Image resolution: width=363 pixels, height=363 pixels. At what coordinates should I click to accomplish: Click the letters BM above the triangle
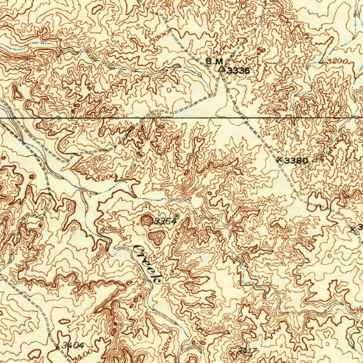214,62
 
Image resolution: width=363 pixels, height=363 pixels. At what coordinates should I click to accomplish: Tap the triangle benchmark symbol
221,69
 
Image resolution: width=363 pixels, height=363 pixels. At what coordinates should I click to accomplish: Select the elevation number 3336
238,71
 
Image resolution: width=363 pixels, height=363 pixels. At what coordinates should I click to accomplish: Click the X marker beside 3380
280,160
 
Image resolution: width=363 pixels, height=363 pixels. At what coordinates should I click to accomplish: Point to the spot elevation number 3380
297,161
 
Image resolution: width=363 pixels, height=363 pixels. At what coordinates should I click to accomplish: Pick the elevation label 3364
165,222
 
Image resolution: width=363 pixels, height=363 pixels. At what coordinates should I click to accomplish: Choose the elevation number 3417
247,351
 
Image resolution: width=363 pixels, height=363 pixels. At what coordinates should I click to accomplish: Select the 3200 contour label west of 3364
105,177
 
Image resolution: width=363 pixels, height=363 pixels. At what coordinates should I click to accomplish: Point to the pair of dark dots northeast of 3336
261,50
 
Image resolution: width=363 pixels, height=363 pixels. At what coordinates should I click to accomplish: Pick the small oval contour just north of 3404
64,322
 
